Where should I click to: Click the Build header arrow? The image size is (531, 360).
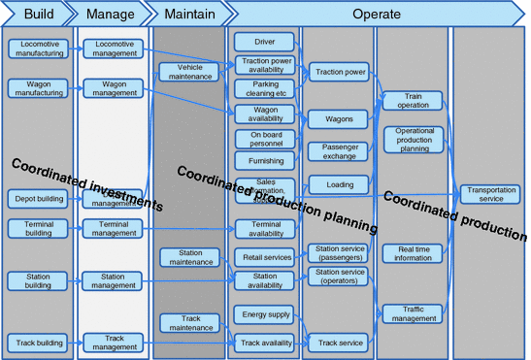pos(37,14)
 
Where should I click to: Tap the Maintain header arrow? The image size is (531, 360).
pos(188,14)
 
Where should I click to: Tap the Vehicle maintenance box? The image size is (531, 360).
pos(188,72)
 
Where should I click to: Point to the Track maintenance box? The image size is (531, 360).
pos(188,322)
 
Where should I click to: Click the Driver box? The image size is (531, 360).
pos(265,43)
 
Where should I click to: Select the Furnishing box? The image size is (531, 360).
pos(265,161)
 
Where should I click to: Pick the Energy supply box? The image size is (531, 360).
pos(265,314)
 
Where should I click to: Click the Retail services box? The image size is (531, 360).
pos(265,257)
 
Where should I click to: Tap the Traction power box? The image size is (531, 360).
pos(340,72)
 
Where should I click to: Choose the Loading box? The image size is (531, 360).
pos(340,184)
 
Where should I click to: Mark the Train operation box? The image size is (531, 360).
pos(414,100)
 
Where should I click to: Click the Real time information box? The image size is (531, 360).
pos(414,253)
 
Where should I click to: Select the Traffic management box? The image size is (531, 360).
pos(414,312)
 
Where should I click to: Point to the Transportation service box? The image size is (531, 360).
pos(490,193)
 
